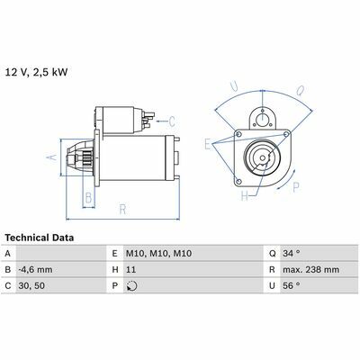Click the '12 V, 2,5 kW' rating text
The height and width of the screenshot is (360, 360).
pos(36,73)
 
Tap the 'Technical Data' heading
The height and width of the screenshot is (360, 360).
pos(40,238)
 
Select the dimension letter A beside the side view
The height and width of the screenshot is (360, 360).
pos(52,157)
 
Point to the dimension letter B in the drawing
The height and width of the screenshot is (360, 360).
pos(88,198)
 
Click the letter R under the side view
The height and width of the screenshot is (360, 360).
pos(122,210)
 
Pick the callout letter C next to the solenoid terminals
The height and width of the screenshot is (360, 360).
pos(172,121)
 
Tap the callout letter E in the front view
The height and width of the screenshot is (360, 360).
pos(208,144)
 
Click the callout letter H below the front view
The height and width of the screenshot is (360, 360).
pos(245,196)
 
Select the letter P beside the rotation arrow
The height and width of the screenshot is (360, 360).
pos(296,187)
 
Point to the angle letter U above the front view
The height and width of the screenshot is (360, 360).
pos(234,86)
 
